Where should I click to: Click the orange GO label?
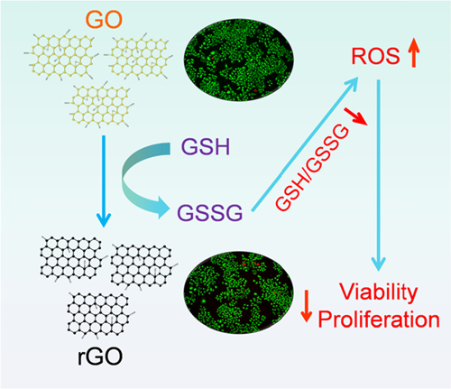click(104, 19)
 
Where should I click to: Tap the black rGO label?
click(100, 357)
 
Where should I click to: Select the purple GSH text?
click(206, 146)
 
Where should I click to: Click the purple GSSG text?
click(209, 213)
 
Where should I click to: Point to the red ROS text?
click(375, 56)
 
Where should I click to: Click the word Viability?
click(379, 292)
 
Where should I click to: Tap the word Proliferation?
click(379, 319)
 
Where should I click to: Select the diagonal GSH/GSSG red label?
click(313, 169)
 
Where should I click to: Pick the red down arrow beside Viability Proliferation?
click(307, 306)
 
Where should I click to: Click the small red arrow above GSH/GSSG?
click(355, 116)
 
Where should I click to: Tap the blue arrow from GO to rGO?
click(104, 181)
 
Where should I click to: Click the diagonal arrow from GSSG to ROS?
click(305, 144)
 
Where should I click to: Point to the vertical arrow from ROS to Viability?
click(379, 175)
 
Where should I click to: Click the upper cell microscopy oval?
click(239, 60)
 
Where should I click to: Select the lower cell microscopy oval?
click(238, 292)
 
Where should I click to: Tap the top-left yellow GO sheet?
click(61, 55)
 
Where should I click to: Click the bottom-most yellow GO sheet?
click(99, 105)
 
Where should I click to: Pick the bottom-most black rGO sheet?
click(101, 314)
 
